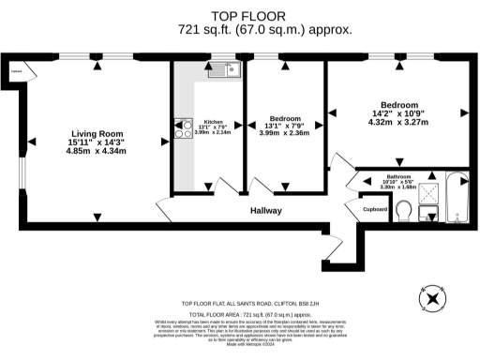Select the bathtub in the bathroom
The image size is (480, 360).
(457, 199)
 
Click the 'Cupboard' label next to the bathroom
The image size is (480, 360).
(376, 209)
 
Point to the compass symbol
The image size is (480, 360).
(433, 299)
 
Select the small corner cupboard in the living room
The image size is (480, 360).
(18, 70)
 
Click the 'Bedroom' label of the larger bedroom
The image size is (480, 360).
(399, 104)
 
